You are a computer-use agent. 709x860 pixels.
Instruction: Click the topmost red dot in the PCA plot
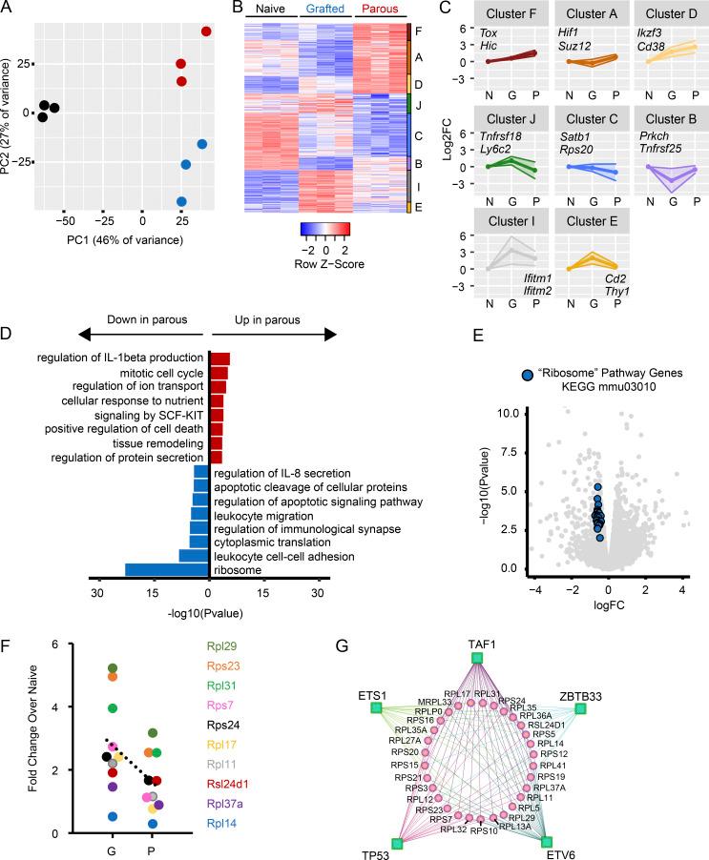[206, 32]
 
